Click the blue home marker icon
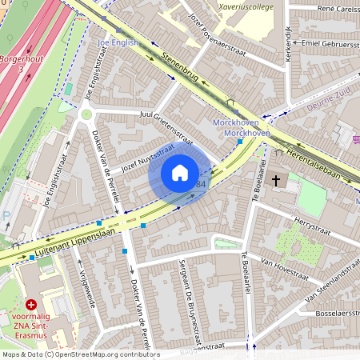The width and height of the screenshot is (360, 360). [x=180, y=173]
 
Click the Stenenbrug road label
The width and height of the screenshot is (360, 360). [x=178, y=68]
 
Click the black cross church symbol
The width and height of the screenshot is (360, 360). [x=276, y=181]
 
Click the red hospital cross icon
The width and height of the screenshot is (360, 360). [x=31, y=305]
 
